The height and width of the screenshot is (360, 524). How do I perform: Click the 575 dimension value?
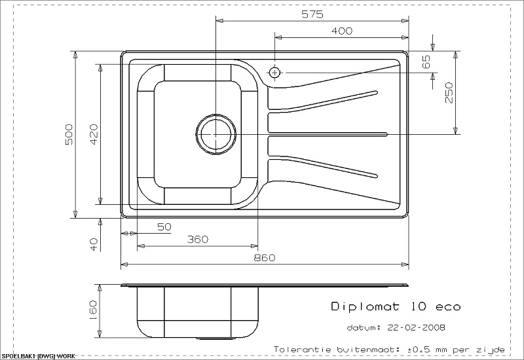[312, 14]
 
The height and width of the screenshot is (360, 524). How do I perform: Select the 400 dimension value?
[341, 31]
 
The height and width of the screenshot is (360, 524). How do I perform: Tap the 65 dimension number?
[426, 62]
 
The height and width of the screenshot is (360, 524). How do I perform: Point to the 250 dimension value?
[449, 93]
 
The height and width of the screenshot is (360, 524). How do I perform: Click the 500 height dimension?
[69, 134]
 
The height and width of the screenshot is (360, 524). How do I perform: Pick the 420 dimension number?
[94, 134]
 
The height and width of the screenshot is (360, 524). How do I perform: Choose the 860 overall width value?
[265, 258]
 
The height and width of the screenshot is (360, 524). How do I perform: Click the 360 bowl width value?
[197, 240]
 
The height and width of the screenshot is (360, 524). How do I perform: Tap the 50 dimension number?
[164, 227]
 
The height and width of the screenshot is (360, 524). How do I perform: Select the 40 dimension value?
[94, 244]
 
